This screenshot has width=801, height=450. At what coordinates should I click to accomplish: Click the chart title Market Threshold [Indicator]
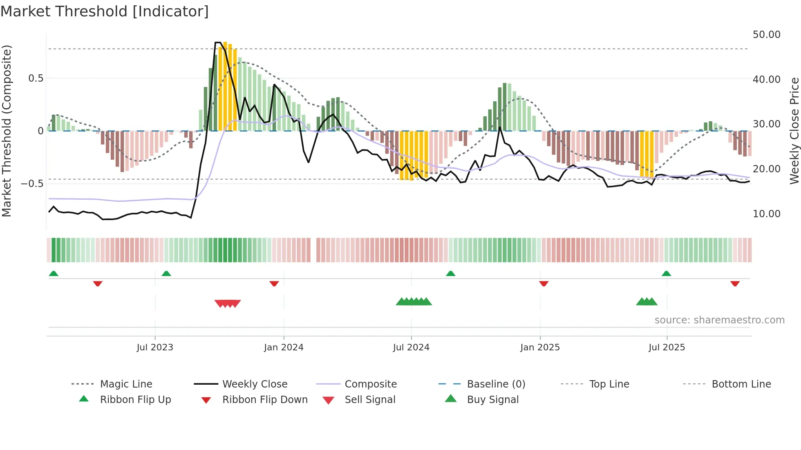pyautogui.click(x=105, y=11)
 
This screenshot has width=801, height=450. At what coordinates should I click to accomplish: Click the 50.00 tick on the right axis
pyautogui.click(x=766, y=35)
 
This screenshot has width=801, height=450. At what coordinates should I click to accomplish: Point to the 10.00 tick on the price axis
pyautogui.click(x=766, y=214)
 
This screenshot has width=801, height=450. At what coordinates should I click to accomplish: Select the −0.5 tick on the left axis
pyautogui.click(x=32, y=183)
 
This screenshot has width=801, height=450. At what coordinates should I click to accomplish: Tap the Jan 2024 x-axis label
pyautogui.click(x=284, y=347)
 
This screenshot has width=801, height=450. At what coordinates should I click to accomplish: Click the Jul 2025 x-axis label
pyautogui.click(x=667, y=347)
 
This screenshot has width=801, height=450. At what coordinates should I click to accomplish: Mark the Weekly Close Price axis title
pyautogui.click(x=794, y=131)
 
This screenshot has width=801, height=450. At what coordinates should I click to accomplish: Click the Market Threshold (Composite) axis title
pyautogui.click(x=7, y=131)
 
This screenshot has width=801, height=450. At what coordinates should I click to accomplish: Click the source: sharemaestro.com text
pyautogui.click(x=719, y=320)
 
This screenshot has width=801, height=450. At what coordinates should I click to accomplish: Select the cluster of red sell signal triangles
pyautogui.click(x=228, y=303)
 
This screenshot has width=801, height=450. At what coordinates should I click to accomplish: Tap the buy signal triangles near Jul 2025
pyautogui.click(x=647, y=302)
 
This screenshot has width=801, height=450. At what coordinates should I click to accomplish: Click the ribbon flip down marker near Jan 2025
pyautogui.click(x=544, y=283)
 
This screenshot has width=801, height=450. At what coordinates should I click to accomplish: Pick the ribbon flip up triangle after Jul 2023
pyautogui.click(x=166, y=274)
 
